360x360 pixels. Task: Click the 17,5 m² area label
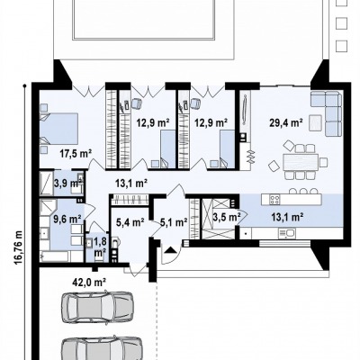(x=75, y=154)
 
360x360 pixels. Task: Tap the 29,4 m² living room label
(x=285, y=122)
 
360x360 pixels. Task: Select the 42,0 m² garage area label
(x=89, y=282)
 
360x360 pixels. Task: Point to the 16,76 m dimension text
(x=18, y=248)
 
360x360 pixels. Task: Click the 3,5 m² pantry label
(x=227, y=217)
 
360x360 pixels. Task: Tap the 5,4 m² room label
(x=130, y=222)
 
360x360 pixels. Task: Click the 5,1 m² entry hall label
(x=174, y=222)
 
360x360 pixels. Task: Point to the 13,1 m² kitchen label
(x=288, y=217)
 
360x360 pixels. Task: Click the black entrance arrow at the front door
(x=170, y=250)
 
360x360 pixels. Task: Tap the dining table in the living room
(x=301, y=162)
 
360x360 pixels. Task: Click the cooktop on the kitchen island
(x=275, y=199)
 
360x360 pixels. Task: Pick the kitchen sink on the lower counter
(x=287, y=232)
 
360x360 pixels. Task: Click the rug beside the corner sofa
(x=315, y=122)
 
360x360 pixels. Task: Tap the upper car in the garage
(x=97, y=307)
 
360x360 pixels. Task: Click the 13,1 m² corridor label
(x=131, y=183)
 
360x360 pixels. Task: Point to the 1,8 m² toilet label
(x=100, y=247)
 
